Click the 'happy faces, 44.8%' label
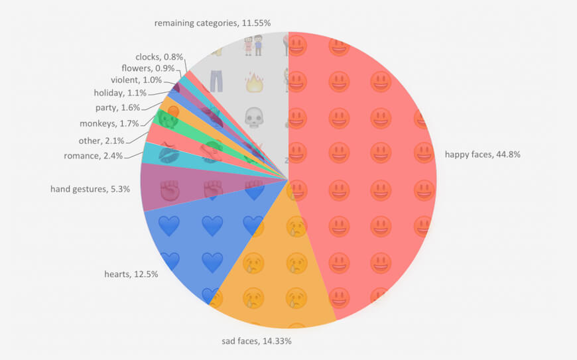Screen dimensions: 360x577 pyautogui.click(x=482, y=155)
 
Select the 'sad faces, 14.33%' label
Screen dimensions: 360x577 pyautogui.click(x=257, y=341)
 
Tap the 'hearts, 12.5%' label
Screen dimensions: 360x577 pyautogui.click(x=131, y=274)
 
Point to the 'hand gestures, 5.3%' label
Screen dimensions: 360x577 pyautogui.click(x=90, y=189)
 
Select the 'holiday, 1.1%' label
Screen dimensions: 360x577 pyautogui.click(x=120, y=93)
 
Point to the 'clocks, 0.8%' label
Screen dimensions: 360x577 pyautogui.click(x=159, y=57)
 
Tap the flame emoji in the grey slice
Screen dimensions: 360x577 pyautogui.click(x=255, y=83)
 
